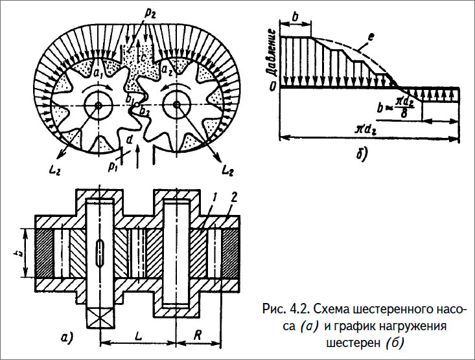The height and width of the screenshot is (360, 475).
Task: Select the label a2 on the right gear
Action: (167, 69)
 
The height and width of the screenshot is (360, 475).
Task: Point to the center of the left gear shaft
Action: (98, 105)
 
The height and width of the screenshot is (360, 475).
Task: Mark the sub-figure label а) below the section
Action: (67, 337)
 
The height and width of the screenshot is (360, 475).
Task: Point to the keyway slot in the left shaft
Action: (99, 251)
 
